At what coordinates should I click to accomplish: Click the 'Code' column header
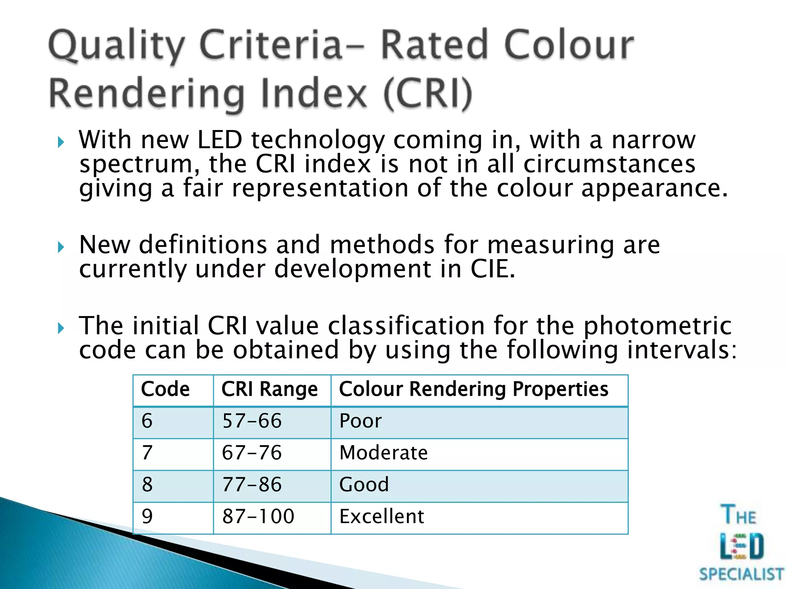[165, 389]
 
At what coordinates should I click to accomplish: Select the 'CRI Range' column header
[269, 389]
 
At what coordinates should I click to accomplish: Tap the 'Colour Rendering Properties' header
[474, 389]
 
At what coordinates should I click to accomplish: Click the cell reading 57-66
[252, 421]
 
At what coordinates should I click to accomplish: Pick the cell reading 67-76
[252, 453]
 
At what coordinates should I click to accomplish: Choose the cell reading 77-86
[252, 485]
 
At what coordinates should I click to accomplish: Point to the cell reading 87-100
[258, 517]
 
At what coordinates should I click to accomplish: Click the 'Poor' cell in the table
[361, 421]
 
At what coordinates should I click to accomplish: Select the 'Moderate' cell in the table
[383, 453]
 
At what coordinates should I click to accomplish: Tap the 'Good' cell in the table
[364, 485]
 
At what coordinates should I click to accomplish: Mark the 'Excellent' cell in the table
[382, 517]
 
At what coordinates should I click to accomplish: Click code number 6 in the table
[147, 421]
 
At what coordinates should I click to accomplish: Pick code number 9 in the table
[147, 517]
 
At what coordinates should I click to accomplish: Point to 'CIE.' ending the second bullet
[493, 269]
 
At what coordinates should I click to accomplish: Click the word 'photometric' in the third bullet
[657, 326]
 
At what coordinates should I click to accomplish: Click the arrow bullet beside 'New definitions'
[61, 247]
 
